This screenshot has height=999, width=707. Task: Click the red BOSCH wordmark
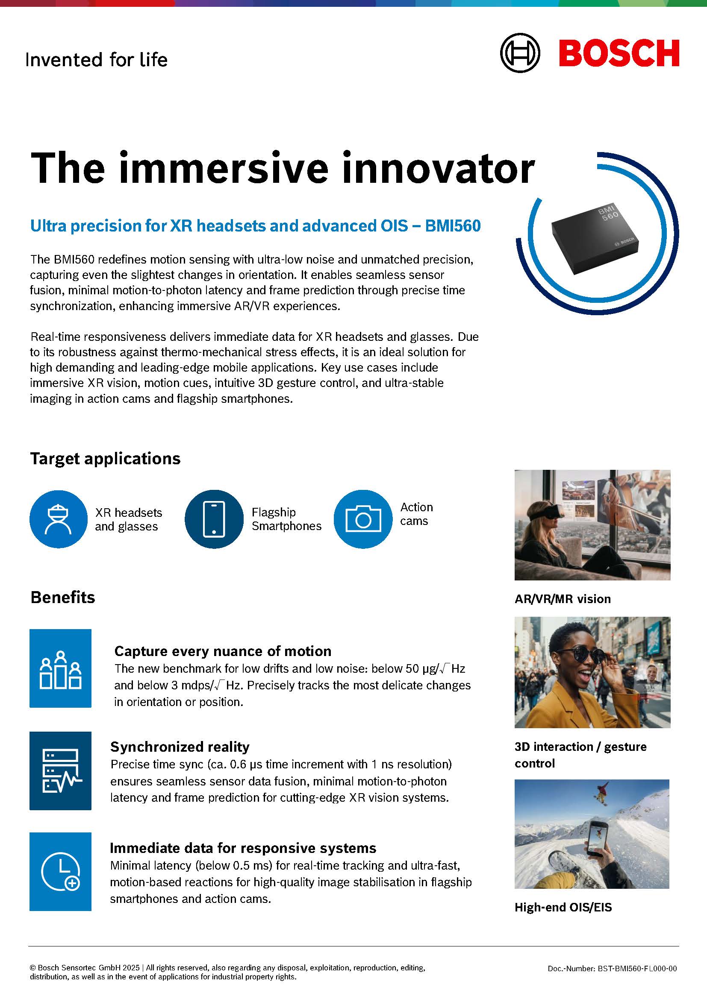pyautogui.click(x=619, y=53)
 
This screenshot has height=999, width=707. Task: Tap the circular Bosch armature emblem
pyautogui.click(x=520, y=53)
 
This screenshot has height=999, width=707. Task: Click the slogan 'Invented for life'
pyautogui.click(x=96, y=60)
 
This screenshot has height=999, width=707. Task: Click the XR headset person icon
pyautogui.click(x=58, y=519)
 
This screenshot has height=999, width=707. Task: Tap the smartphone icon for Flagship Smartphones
pyautogui.click(x=214, y=519)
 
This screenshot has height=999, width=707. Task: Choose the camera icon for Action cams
pyautogui.click(x=363, y=519)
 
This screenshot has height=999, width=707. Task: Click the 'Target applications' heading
pyautogui.click(x=105, y=459)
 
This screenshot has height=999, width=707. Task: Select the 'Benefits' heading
pyautogui.click(x=63, y=598)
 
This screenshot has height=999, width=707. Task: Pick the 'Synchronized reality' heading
pyautogui.click(x=180, y=747)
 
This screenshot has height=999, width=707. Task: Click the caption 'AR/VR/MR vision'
pyautogui.click(x=563, y=599)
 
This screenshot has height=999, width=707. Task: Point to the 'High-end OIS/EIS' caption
pyautogui.click(x=563, y=907)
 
